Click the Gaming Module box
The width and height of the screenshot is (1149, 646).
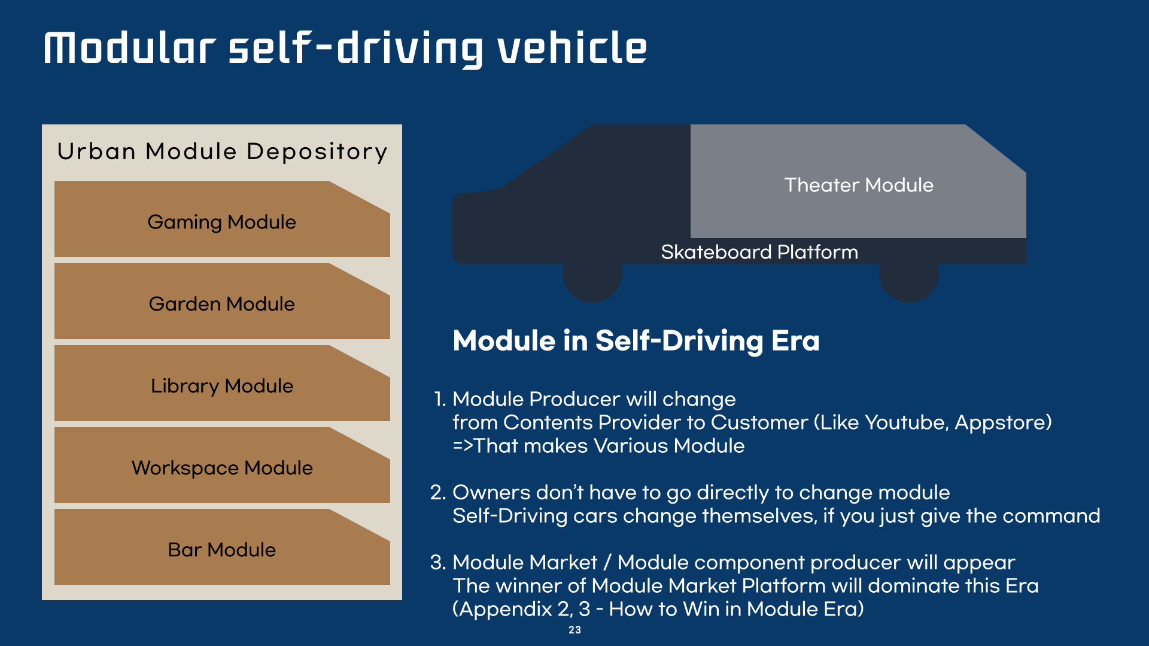221,222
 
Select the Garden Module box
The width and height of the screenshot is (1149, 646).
221,304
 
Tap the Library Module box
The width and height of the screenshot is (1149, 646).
221,386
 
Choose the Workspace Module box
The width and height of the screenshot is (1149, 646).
221,468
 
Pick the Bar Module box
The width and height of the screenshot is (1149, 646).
221,550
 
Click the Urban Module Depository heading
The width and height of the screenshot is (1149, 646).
222,152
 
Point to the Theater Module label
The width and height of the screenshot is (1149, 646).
858,185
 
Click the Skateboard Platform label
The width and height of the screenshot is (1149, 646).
759,252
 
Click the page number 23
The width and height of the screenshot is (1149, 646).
574,630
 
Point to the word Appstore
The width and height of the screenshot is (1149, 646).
999,423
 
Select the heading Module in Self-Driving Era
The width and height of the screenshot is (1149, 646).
636,341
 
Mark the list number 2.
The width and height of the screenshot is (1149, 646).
437,493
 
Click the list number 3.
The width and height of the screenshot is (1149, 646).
437,563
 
